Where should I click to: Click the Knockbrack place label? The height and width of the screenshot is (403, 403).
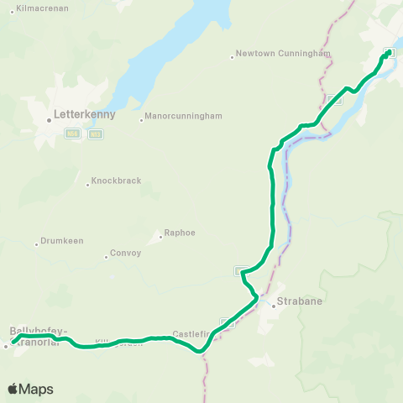point(116,181)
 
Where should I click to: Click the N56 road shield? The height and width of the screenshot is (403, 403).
point(72,133)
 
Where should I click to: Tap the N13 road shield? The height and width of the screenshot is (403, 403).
point(95,133)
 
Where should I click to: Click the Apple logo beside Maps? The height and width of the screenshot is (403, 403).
point(13,389)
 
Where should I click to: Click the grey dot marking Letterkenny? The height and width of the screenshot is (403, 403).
point(50,119)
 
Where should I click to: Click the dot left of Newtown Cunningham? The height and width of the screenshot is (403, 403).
point(232,57)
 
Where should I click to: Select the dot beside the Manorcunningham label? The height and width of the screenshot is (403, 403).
point(141,119)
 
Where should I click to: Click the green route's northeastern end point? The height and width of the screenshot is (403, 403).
point(388,53)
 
